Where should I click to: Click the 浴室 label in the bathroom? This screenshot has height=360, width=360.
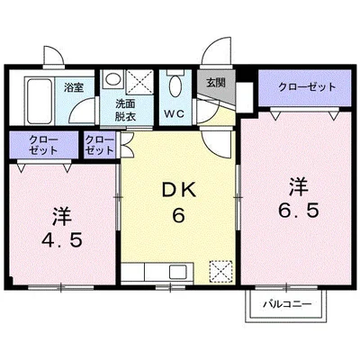pos(73,88)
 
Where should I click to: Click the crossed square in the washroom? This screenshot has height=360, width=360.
pos(139,83)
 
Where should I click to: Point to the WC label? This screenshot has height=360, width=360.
pos(175,114)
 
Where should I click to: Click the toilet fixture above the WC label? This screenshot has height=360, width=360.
pos(175,86)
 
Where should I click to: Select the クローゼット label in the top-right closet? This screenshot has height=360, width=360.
pos(306,87)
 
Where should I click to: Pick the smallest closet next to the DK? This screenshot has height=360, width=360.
pos(98,145)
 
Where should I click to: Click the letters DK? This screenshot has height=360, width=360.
pos(177,191)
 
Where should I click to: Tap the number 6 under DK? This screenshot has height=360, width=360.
pos(177,216)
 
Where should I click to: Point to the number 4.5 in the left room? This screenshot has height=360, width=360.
pos(60,240)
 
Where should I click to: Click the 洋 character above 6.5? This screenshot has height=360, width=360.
pos(298,187)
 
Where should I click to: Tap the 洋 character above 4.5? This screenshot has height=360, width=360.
pos(60,215)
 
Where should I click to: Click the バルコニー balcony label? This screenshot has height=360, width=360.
pos(286,304)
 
